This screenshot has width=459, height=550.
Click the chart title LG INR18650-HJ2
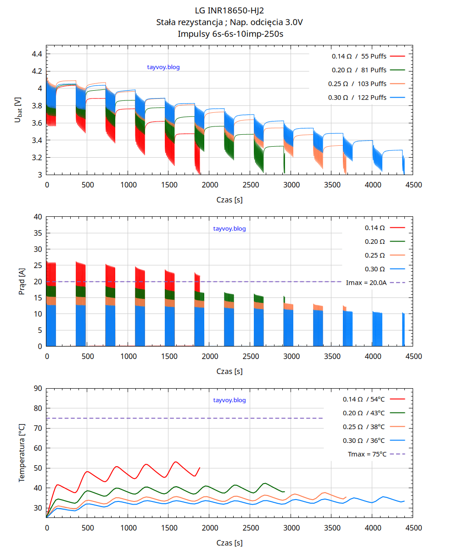(x=229, y=11)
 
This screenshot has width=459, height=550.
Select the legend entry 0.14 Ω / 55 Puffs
(x=359, y=56)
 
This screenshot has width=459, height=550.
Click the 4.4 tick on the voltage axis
(x=37, y=54)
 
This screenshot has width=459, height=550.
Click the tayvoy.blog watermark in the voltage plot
(x=163, y=67)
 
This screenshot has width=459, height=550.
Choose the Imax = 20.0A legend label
(x=366, y=283)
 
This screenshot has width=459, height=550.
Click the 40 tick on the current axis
(x=38, y=217)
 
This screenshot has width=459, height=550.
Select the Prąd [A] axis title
(x=21, y=281)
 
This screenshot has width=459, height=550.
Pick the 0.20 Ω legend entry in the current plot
(x=375, y=242)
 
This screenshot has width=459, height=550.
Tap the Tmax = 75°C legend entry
(x=368, y=454)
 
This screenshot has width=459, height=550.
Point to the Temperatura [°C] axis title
(x=21, y=453)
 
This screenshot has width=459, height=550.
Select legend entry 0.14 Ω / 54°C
(x=364, y=399)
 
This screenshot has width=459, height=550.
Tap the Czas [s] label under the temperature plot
(x=229, y=543)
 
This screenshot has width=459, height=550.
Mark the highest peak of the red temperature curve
(x=175, y=462)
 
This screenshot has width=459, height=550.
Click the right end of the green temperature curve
(x=285, y=491)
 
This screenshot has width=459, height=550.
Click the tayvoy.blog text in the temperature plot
(x=229, y=400)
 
